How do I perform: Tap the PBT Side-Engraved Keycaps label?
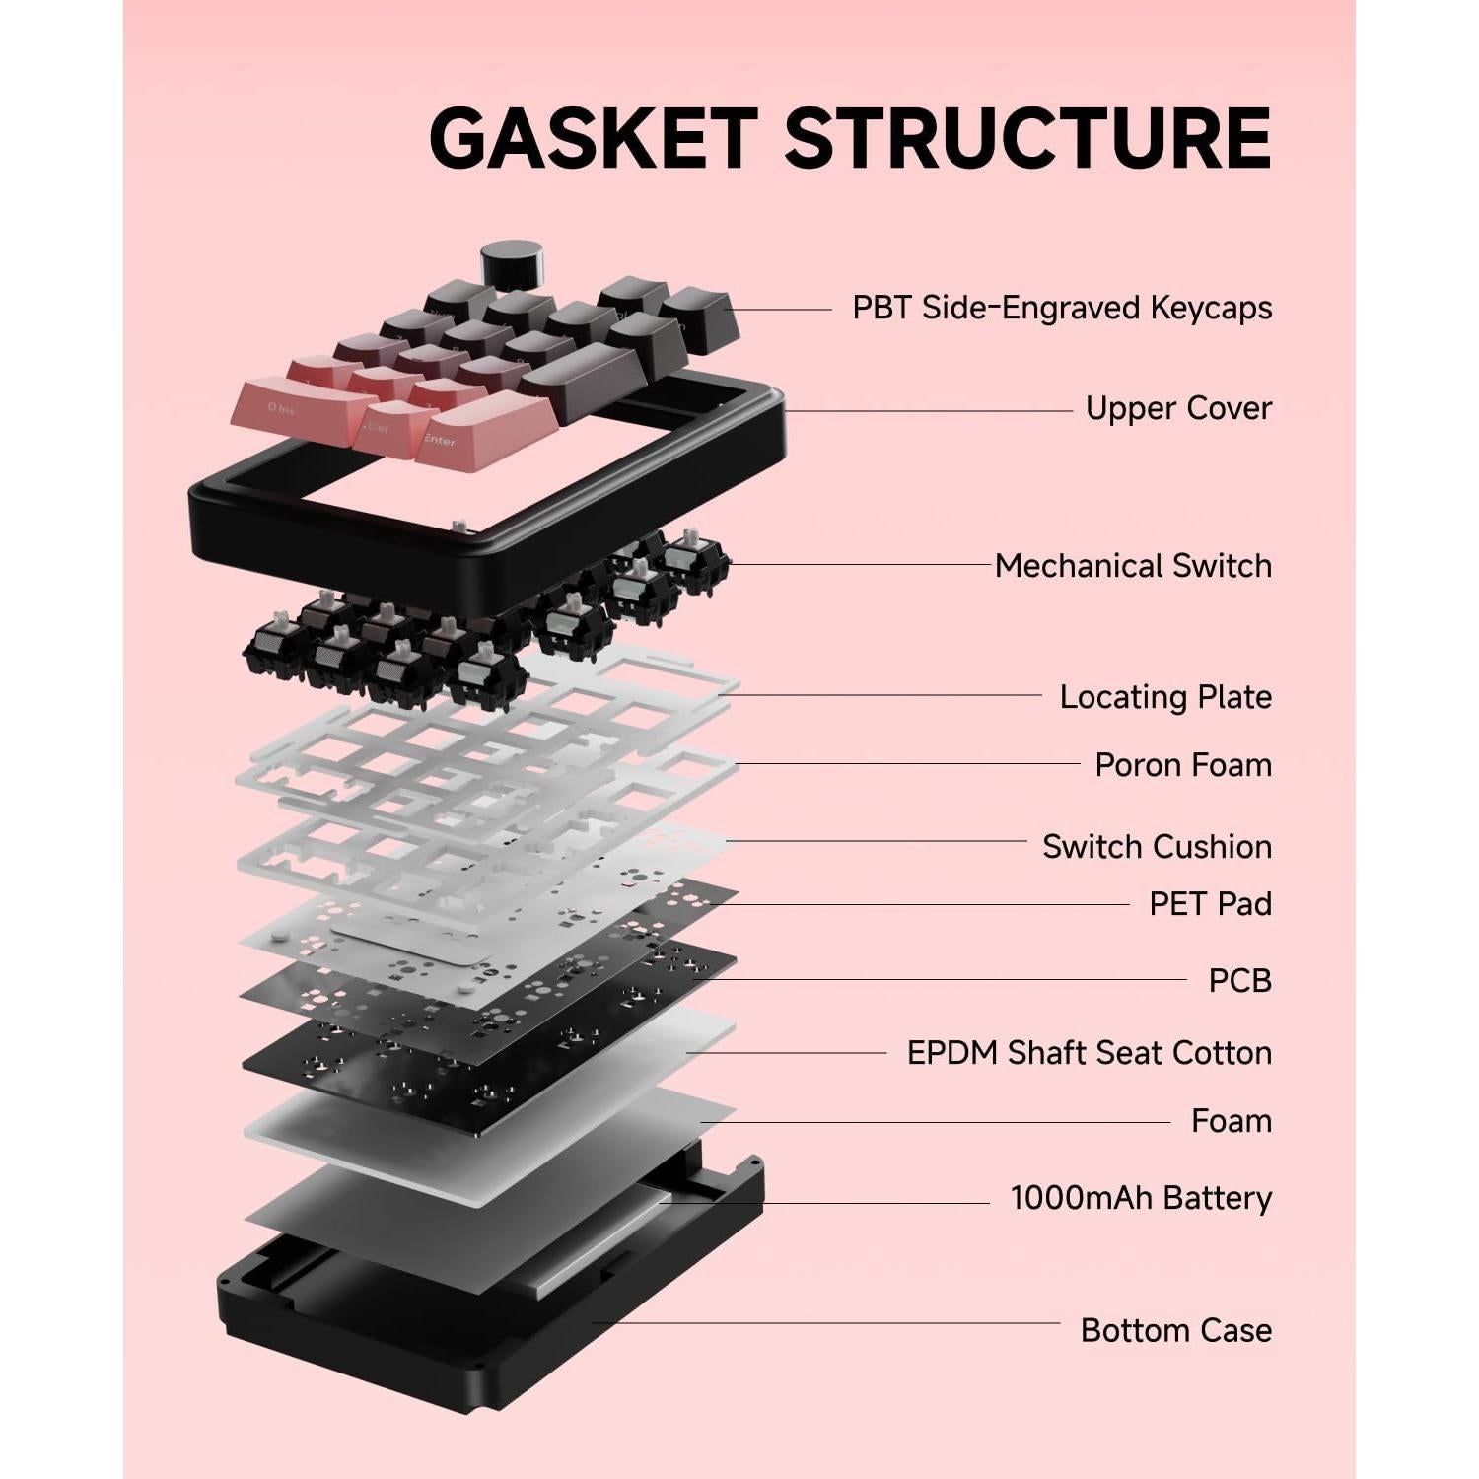click(x=1062, y=308)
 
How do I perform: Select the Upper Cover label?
click(x=1178, y=408)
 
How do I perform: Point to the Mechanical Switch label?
click(x=1133, y=566)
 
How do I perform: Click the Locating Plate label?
click(x=1165, y=697)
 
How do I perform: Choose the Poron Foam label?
click(x=1183, y=765)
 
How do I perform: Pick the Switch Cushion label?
click(x=1157, y=847)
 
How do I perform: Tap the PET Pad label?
click(x=1210, y=904)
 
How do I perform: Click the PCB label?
click(x=1239, y=981)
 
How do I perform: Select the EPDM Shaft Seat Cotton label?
click(x=1089, y=1053)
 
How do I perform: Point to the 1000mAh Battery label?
click(x=1141, y=1198)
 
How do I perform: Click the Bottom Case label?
click(x=1175, y=1330)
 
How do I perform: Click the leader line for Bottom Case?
click(x=828, y=1323)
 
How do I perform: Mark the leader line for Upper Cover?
click(x=927, y=411)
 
